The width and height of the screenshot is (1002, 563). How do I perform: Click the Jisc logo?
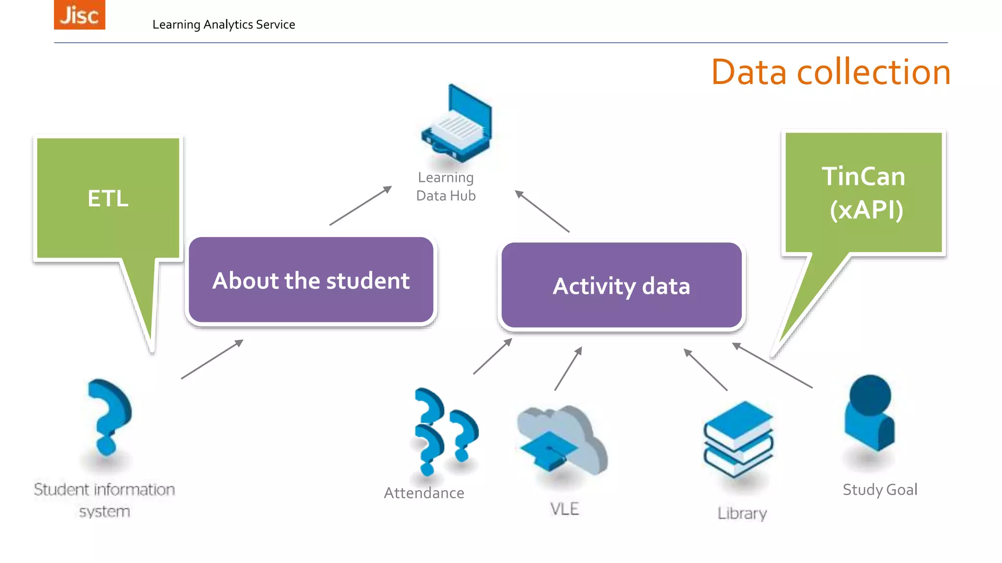[x=79, y=15]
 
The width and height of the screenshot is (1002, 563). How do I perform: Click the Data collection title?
[x=830, y=72]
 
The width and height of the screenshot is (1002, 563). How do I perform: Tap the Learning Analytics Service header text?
[x=224, y=24]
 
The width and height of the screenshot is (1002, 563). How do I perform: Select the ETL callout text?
[x=108, y=198]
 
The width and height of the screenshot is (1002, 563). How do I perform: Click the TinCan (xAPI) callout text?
[x=864, y=193]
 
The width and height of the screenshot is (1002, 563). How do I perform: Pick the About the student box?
[x=311, y=281]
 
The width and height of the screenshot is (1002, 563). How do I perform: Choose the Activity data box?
[x=621, y=286]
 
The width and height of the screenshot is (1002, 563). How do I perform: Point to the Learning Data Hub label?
[x=446, y=187]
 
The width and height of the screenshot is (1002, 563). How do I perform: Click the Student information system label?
[x=104, y=500]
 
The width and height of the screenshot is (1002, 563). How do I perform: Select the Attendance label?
[x=424, y=493]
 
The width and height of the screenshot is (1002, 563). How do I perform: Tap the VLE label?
[x=565, y=509]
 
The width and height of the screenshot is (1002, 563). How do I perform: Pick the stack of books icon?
[x=738, y=438]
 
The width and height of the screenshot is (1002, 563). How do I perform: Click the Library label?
[x=742, y=513]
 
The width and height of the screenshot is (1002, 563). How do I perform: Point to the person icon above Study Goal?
[x=869, y=413]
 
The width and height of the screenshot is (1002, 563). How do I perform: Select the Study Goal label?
[x=880, y=489]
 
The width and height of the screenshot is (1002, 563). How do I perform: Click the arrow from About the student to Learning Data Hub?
[x=361, y=206]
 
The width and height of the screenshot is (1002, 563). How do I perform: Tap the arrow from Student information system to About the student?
[x=212, y=359]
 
